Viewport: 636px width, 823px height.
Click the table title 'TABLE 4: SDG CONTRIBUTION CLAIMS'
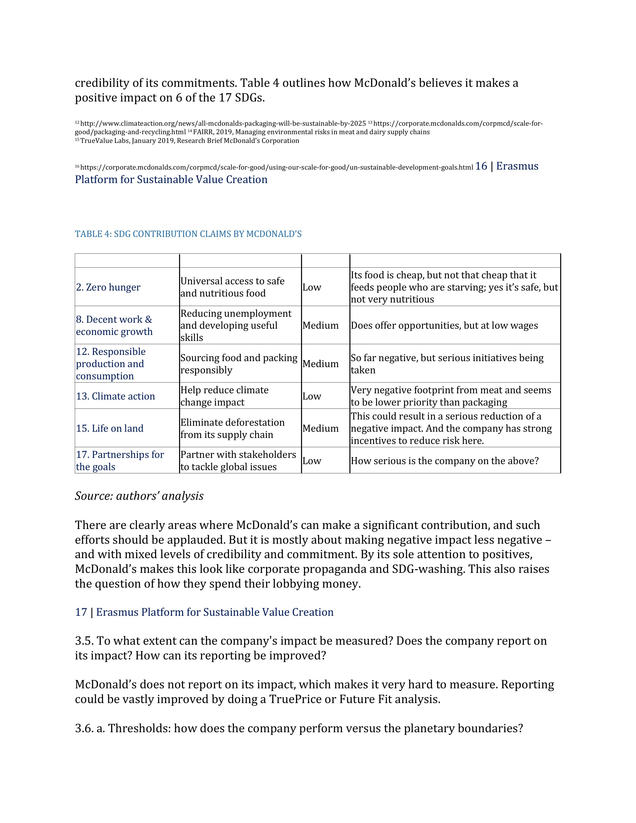coord(188,234)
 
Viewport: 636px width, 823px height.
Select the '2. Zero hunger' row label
coord(108,287)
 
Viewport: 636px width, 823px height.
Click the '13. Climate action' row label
coord(115,396)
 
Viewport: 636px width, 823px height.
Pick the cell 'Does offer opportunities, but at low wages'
coord(444,325)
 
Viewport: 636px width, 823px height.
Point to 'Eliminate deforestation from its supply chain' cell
coord(232,428)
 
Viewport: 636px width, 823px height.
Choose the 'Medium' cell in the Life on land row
coord(320,428)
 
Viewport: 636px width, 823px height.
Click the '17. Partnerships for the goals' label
coord(120,460)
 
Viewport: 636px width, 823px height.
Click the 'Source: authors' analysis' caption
coord(139,496)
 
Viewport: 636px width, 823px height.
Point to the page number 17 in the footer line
coord(81,612)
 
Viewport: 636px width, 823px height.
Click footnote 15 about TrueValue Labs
coord(190,141)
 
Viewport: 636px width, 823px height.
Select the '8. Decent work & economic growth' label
coord(114,325)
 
